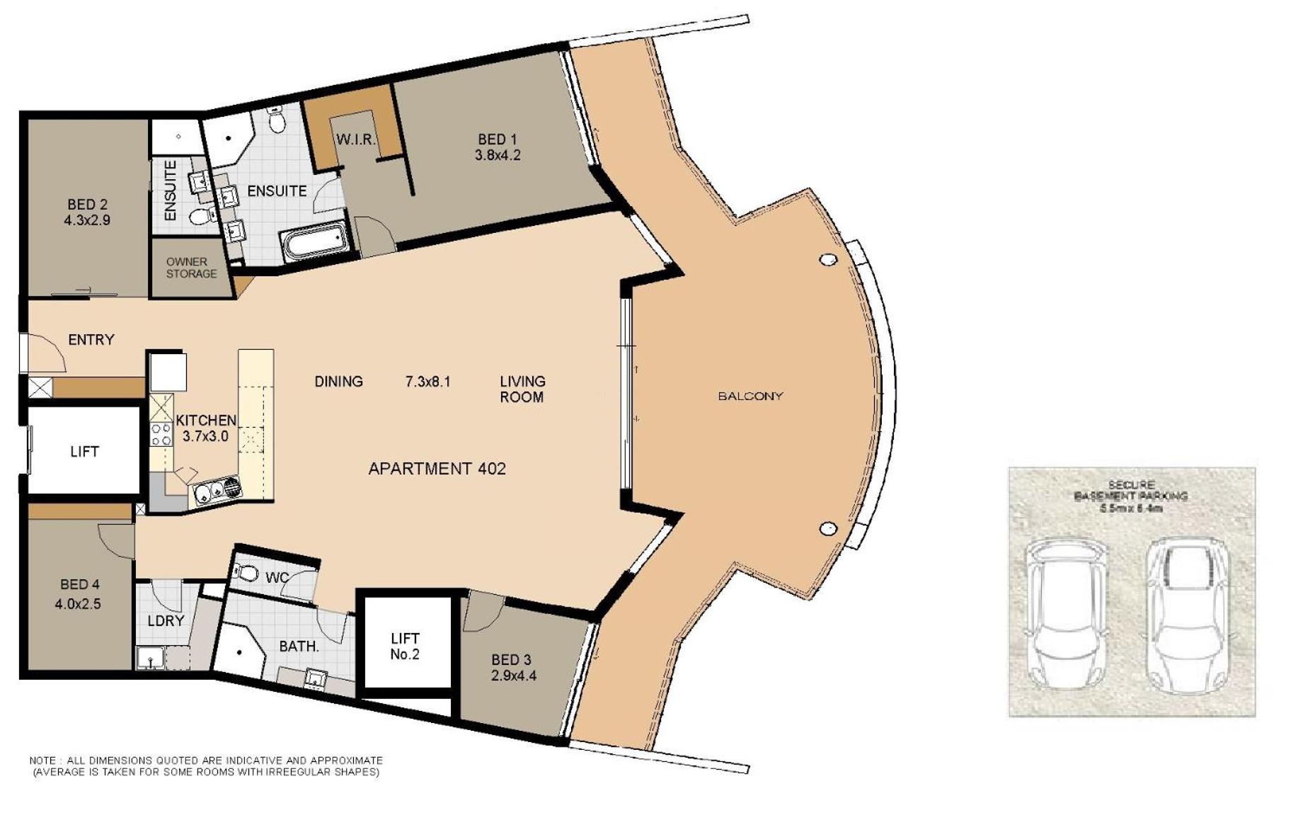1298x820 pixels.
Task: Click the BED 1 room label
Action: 497,139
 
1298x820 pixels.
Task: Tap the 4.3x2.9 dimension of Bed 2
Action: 87,220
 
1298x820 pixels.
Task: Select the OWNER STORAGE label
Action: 191,268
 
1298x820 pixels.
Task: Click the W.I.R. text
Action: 355,139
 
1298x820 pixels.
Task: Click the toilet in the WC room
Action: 245,571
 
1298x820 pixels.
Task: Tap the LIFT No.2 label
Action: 405,647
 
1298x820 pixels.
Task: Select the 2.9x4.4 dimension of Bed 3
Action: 514,676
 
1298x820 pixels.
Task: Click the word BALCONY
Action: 751,396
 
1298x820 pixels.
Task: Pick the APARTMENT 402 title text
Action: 437,468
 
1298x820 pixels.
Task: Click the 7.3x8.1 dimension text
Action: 427,382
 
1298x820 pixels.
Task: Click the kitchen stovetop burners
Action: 161,434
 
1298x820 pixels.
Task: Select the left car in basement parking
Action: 1067,615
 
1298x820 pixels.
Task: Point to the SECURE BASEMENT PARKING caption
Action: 1131,496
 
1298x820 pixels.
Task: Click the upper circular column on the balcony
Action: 828,260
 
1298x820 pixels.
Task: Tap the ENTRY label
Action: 91,340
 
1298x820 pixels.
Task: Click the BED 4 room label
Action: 79,584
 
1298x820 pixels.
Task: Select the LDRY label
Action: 166,621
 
